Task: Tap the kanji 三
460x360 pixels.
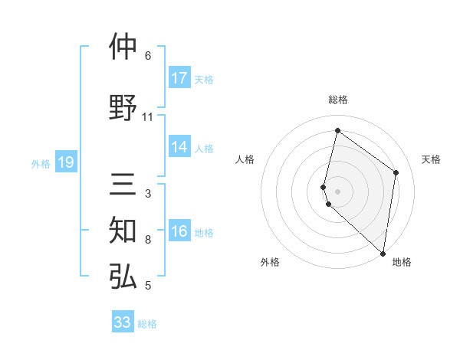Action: pyautogui.click(x=123, y=185)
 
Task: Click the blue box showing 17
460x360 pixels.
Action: pyautogui.click(x=179, y=78)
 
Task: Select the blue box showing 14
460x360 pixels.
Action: pyautogui.click(x=179, y=148)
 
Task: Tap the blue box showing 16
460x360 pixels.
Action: pyautogui.click(x=179, y=232)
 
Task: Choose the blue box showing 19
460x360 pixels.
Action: pyautogui.click(x=66, y=162)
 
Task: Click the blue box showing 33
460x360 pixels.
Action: pyautogui.click(x=123, y=322)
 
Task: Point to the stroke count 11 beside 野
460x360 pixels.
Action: pyautogui.click(x=148, y=117)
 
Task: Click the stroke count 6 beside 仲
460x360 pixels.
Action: pyautogui.click(x=148, y=56)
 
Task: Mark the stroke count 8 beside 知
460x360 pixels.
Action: pyautogui.click(x=148, y=241)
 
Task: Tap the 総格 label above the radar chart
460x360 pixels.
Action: pyautogui.click(x=338, y=100)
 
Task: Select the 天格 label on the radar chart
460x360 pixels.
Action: pyautogui.click(x=431, y=159)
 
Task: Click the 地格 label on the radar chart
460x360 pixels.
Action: pyautogui.click(x=402, y=262)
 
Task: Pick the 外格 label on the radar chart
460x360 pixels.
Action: pyautogui.click(x=270, y=262)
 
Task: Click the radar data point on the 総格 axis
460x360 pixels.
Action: pyautogui.click(x=337, y=130)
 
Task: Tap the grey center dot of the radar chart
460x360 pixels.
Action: pyautogui.click(x=337, y=191)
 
